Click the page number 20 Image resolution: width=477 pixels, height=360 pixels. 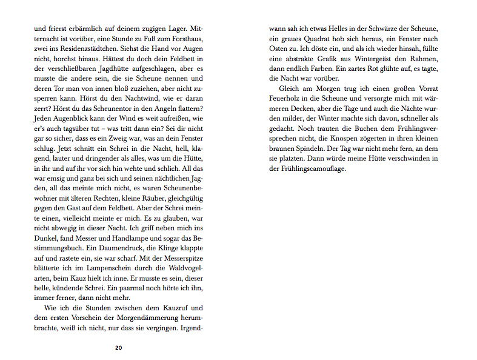coord(119,347)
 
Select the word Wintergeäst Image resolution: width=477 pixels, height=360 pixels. coord(369,58)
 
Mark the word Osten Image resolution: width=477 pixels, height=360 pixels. coord(278,48)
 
